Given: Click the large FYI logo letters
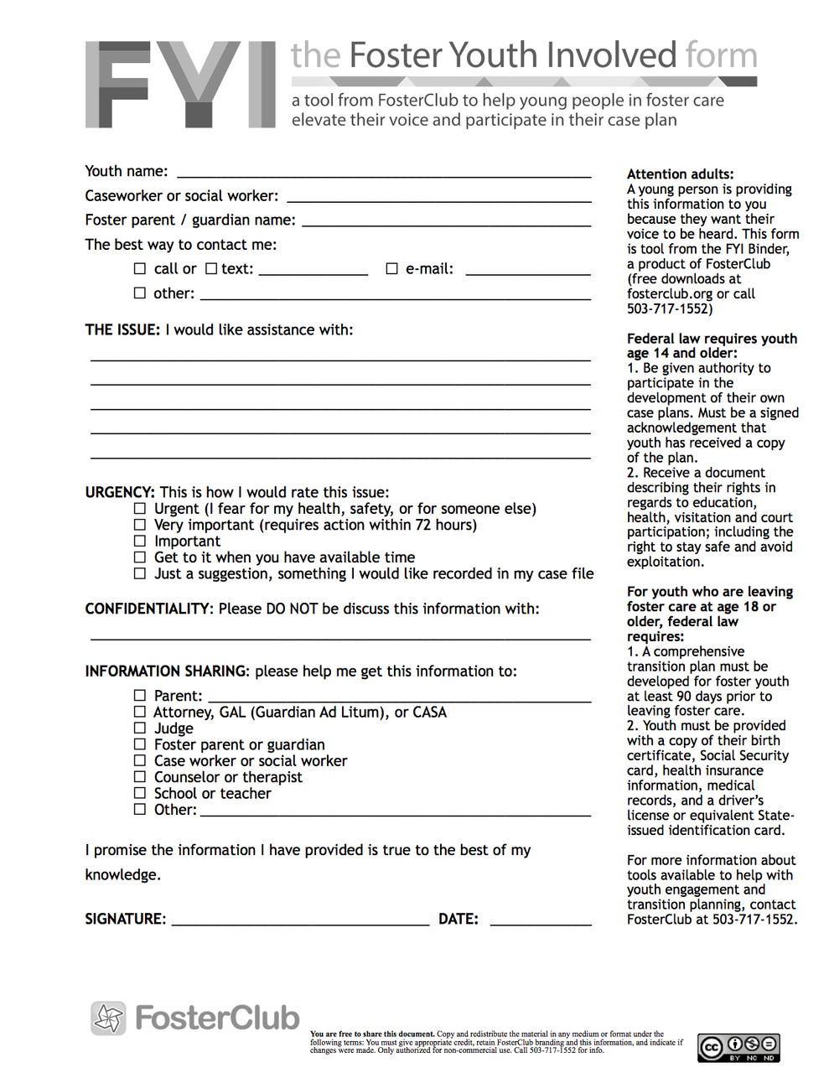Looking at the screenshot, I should coord(180,85).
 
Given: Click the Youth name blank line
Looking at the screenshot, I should coord(384,175).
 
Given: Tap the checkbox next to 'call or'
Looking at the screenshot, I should coord(140,269).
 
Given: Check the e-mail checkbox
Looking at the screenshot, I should coord(391,269).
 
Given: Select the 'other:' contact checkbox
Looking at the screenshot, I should coord(140,293).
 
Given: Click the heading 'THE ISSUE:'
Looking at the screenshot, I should coord(122,330).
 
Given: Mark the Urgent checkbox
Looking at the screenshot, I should coord(140,509).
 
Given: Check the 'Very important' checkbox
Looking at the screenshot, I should coord(140,525).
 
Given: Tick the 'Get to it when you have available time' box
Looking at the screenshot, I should coord(140,557).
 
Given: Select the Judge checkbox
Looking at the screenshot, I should coord(140,728).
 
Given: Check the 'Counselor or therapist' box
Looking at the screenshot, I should coord(140,777).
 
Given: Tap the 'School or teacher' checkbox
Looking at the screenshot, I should coord(140,793).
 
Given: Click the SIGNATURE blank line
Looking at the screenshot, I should coord(300,923).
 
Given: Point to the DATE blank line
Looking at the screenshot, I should coord(541,923).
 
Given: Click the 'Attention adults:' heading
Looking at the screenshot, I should coord(680,174).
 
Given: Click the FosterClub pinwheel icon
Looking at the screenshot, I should coord(108,1019).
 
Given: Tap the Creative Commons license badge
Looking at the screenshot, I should coord(738,1047).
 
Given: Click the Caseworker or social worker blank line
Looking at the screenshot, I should coord(439,200).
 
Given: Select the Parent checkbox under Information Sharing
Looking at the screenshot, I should coord(140,696).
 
